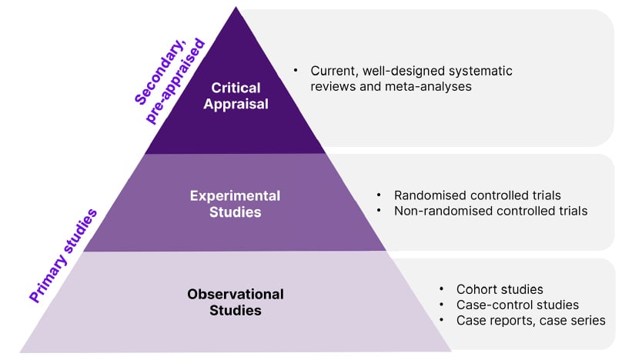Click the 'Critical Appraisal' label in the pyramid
point(236,95)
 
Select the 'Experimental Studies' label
point(235,202)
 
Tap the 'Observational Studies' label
point(235,302)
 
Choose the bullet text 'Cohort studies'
point(500,289)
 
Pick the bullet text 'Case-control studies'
point(517,305)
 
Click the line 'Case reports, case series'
point(531,320)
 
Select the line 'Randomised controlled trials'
point(477,195)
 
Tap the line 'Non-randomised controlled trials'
point(490,211)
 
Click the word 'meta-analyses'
point(433,86)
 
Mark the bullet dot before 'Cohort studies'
point(442,289)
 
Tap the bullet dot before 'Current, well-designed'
point(296,71)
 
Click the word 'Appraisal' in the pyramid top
point(236,104)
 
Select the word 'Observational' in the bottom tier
point(235,294)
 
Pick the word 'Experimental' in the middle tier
point(235,195)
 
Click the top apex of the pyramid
point(235,8)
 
